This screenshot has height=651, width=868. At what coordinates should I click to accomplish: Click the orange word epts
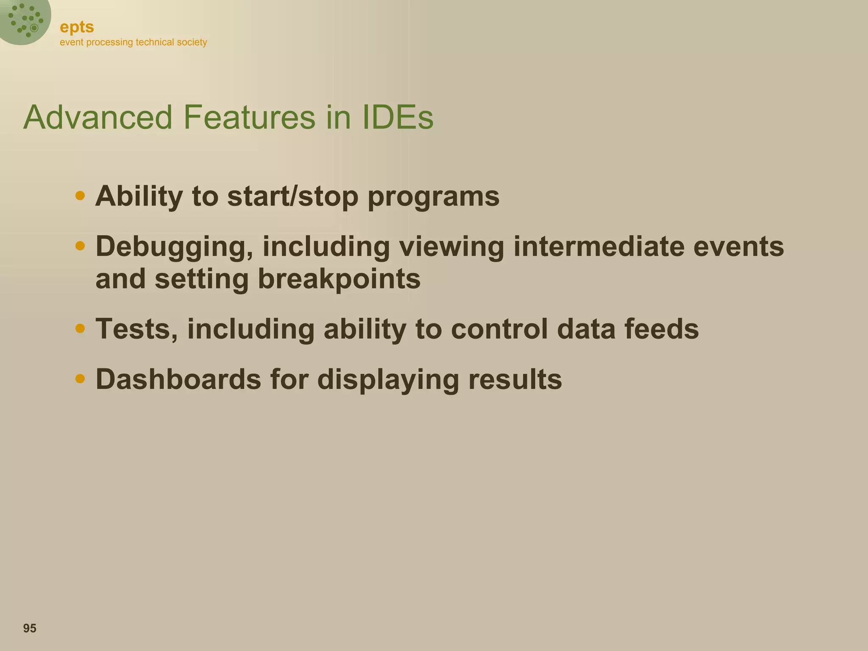pyautogui.click(x=77, y=28)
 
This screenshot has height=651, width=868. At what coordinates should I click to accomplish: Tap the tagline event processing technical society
pyautogui.click(x=133, y=42)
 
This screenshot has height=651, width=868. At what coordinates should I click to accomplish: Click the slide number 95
pyautogui.click(x=30, y=628)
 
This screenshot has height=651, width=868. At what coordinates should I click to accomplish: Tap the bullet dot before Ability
pyautogui.click(x=80, y=196)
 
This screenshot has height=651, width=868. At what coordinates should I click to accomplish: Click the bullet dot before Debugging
pyautogui.click(x=80, y=246)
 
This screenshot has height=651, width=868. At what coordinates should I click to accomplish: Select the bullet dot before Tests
pyautogui.click(x=80, y=328)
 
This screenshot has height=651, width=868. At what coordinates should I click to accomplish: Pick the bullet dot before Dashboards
pyautogui.click(x=80, y=378)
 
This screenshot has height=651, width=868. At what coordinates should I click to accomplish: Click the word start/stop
pyautogui.click(x=293, y=197)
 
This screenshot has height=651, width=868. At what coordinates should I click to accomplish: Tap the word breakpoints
pyautogui.click(x=339, y=280)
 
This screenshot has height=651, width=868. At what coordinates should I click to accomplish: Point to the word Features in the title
pyautogui.click(x=249, y=117)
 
